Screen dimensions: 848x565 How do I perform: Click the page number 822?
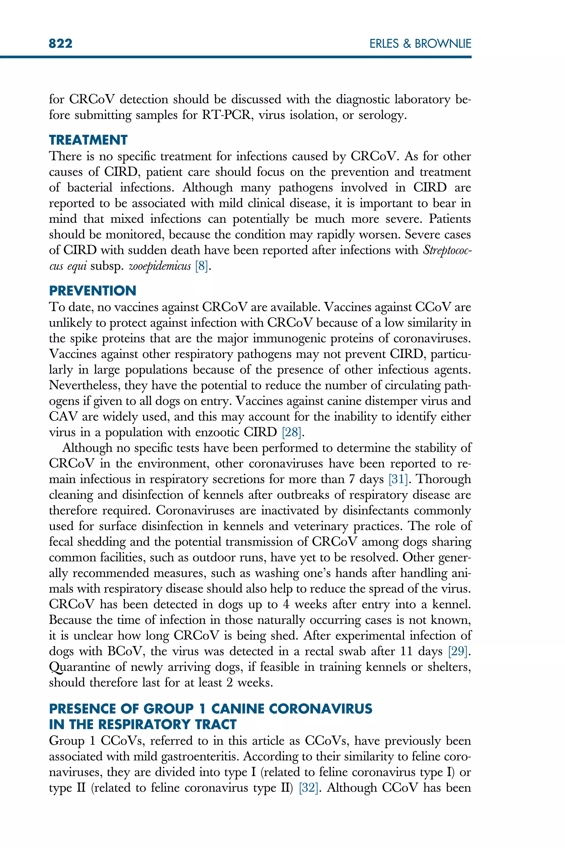click(x=60, y=44)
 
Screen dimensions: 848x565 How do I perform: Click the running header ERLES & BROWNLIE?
click(x=420, y=44)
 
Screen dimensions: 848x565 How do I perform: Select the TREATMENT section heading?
click(x=88, y=140)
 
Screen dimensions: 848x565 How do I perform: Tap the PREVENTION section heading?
click(x=93, y=291)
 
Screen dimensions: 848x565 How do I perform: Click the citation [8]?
click(x=201, y=266)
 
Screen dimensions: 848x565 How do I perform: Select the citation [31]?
click(x=398, y=479)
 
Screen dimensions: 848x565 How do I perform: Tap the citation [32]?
click(x=309, y=788)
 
